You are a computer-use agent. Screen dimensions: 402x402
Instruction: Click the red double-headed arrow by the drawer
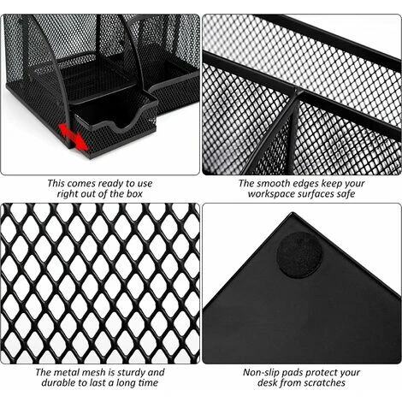coord(73,136)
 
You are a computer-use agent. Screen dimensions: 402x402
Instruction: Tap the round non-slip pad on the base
coord(299,255)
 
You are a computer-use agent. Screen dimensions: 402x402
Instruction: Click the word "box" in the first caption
coord(133,194)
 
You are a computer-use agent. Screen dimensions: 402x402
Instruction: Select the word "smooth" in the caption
coord(273,183)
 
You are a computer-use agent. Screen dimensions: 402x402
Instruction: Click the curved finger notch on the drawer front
coord(121,123)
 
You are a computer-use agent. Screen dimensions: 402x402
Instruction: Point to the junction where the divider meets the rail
coord(298,92)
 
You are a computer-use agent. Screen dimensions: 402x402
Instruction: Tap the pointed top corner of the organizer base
coord(292,213)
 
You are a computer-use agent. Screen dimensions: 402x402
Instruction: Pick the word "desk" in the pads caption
coord(267,382)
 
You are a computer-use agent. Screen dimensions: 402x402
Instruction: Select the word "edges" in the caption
coord(303,184)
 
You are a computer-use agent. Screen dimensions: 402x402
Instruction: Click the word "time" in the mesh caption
coord(148,382)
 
